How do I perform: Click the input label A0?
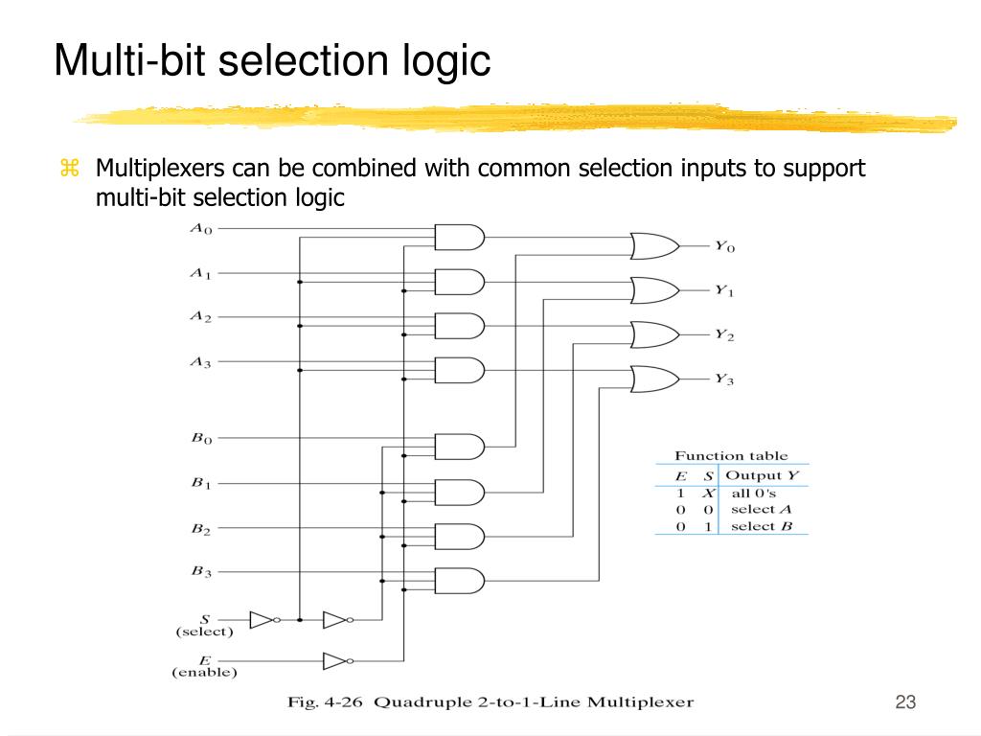201,229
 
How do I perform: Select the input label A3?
201,362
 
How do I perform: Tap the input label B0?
201,439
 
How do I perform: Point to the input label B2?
201,529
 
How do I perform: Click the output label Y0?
725,246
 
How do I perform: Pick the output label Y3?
724,379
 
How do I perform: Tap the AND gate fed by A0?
460,238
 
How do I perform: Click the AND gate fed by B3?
460,581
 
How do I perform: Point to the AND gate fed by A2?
460,326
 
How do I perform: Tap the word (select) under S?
205,632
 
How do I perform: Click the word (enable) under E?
205,672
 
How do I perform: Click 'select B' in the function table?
762,526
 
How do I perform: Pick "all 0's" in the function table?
753,494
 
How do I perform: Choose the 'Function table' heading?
731,455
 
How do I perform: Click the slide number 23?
905,701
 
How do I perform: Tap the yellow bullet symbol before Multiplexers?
69,168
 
